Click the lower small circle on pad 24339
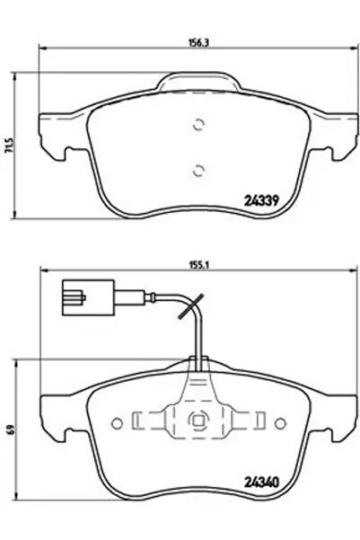(200, 167)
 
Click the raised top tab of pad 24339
(200, 82)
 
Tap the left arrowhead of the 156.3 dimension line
(43, 45)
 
